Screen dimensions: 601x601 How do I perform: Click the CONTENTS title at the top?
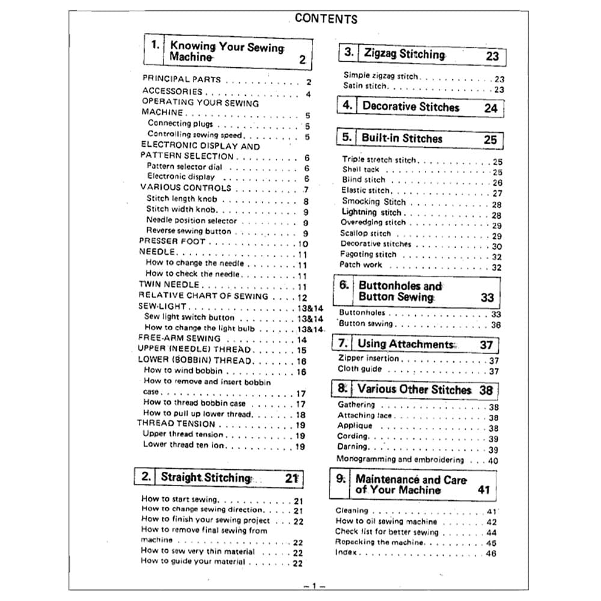(x=326, y=19)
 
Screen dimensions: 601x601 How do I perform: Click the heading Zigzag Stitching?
(x=404, y=54)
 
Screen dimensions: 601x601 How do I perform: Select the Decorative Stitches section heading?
(x=410, y=107)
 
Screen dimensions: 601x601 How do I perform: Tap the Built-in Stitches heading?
(x=401, y=138)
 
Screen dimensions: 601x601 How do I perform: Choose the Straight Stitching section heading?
(x=205, y=478)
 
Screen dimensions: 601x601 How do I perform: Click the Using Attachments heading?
(x=406, y=344)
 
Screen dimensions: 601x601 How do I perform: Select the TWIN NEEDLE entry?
(x=169, y=285)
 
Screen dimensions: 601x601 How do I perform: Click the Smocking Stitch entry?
(x=374, y=202)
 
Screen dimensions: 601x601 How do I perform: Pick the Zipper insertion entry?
(x=368, y=359)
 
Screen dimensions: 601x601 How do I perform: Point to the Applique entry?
(x=355, y=426)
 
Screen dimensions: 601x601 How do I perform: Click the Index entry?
(x=346, y=553)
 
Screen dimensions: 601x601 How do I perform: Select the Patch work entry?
(x=361, y=264)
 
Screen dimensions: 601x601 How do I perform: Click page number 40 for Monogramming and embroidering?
(x=493, y=460)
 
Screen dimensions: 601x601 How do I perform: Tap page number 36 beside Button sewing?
(x=496, y=325)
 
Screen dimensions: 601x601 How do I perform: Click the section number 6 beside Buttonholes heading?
(x=344, y=285)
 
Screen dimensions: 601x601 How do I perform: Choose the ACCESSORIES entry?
(x=172, y=91)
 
